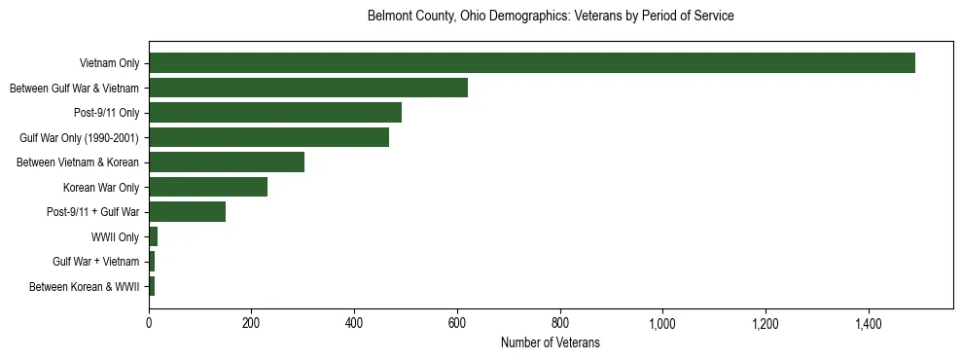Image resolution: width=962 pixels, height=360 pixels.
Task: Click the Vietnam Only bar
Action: [532, 63]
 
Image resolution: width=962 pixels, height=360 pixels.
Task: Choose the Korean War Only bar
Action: [208, 187]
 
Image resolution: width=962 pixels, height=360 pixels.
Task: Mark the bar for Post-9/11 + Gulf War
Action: [187, 212]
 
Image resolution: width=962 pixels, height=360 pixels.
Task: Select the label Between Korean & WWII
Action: [85, 286]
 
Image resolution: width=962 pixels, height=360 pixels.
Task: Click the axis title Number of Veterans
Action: [550, 343]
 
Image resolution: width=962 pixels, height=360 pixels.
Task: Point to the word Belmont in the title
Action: [388, 17]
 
